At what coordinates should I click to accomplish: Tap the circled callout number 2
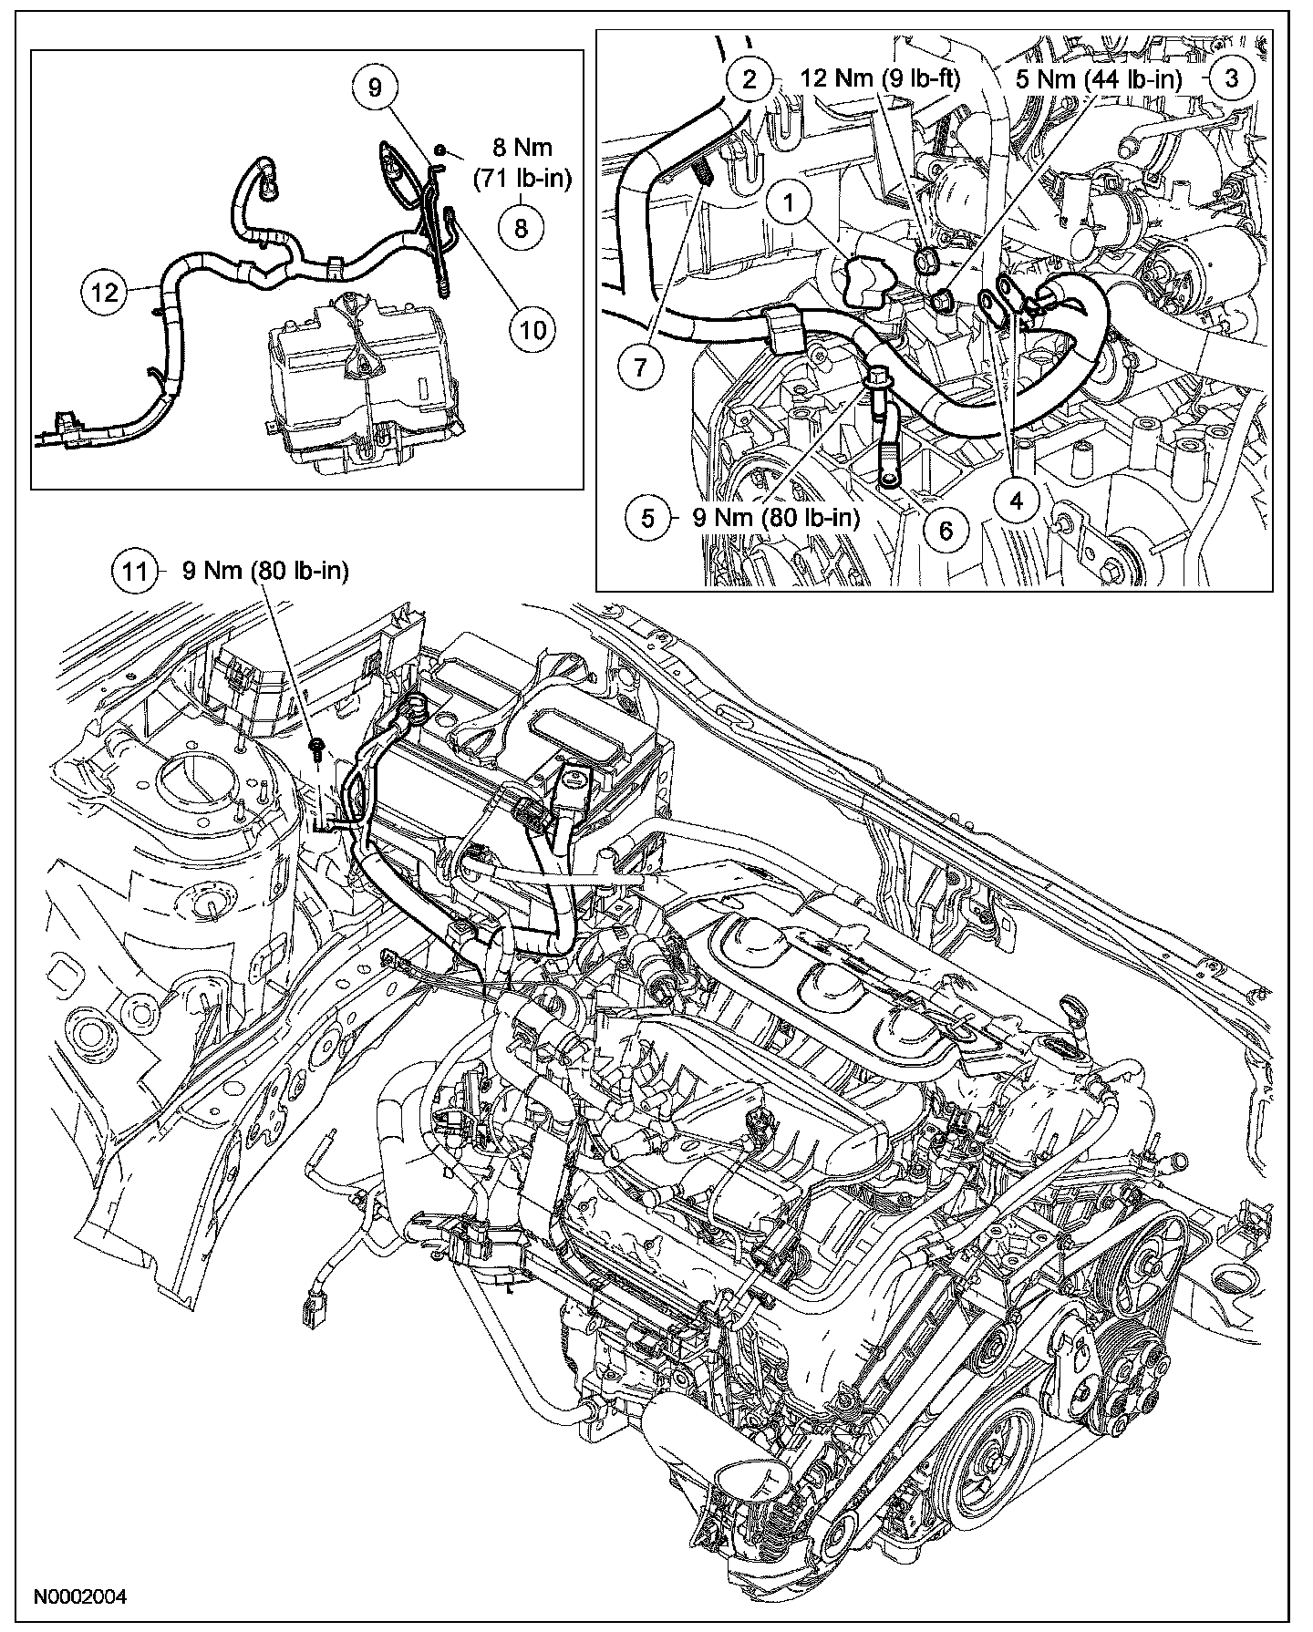click(750, 78)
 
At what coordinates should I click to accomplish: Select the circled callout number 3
click(1232, 77)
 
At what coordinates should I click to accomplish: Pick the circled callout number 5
click(648, 518)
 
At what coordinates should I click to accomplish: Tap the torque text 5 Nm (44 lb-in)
click(1097, 78)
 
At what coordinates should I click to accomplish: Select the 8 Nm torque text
click(521, 162)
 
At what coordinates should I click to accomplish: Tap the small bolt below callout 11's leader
click(316, 749)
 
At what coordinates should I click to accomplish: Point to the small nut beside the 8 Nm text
click(439, 148)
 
